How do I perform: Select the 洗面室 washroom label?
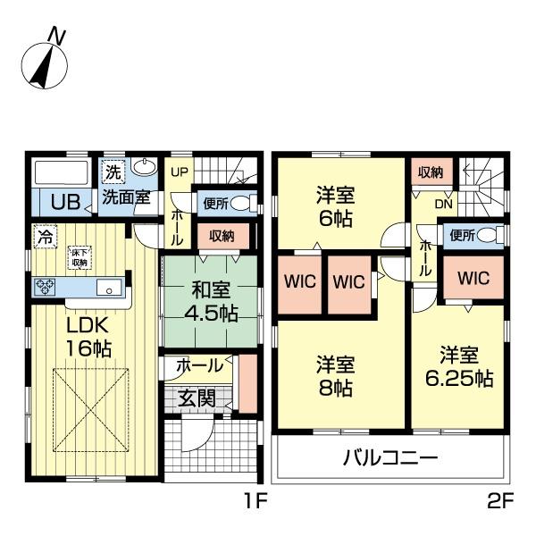point(124,197)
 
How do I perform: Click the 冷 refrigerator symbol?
point(44,238)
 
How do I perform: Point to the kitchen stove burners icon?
point(46,287)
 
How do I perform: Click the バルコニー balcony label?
point(390,460)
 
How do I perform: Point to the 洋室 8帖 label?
point(337,375)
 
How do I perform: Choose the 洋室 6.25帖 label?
point(459,365)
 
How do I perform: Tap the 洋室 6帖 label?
point(337,205)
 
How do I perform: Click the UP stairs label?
point(179,172)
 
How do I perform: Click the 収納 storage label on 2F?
point(429,172)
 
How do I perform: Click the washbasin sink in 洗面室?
point(143,168)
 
